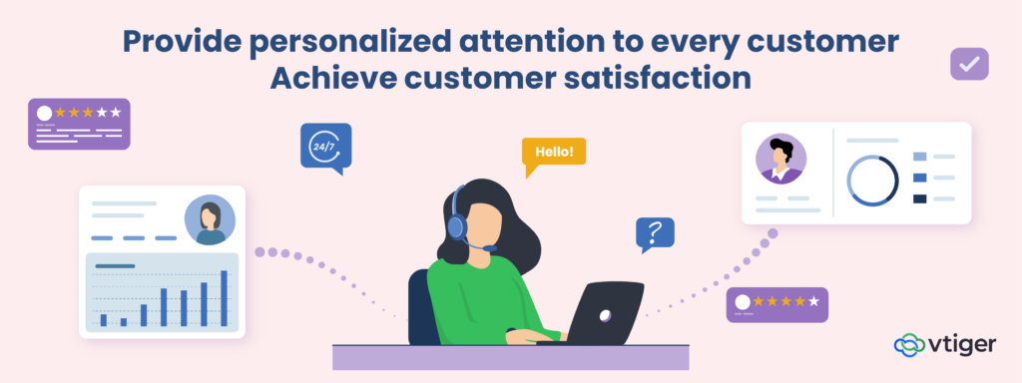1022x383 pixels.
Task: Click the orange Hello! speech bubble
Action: [x=554, y=153]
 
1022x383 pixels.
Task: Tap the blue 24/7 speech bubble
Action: [x=325, y=146]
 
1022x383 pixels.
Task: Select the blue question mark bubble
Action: [x=655, y=233]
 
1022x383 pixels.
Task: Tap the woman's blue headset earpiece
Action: [x=456, y=224]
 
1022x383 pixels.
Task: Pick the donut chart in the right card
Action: [x=872, y=181]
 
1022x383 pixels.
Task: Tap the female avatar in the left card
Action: [x=210, y=219]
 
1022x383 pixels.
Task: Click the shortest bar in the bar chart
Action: [x=124, y=321]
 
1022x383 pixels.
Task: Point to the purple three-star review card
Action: [x=80, y=124]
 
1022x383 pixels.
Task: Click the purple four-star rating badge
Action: [x=776, y=304]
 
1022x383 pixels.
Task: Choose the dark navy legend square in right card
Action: [x=919, y=198]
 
